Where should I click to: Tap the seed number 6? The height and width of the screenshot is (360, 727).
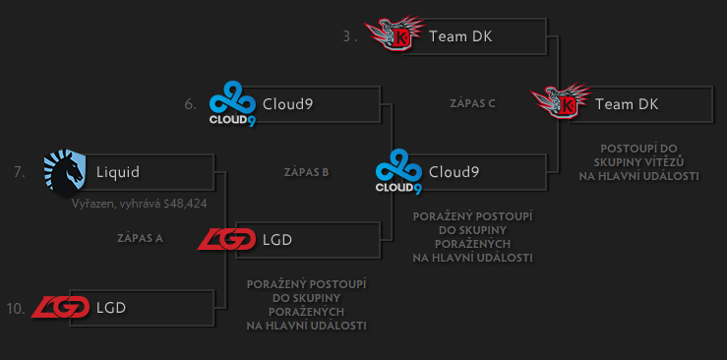[190, 103]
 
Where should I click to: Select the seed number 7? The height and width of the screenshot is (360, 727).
[19, 171]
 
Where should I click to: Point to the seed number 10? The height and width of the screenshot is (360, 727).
[15, 308]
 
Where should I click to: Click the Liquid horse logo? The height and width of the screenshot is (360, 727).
[64, 173]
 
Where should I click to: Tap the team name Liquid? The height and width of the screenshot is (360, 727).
[118, 172]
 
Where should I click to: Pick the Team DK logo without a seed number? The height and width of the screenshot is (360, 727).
[561, 103]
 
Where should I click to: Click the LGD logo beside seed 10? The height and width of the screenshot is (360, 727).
[60, 308]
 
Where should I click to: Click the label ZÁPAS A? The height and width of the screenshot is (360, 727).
[140, 238]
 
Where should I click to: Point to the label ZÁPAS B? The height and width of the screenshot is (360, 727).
[305, 171]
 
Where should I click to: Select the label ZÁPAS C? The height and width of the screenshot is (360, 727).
[471, 102]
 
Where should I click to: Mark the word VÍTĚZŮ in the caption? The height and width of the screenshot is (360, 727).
[678, 162]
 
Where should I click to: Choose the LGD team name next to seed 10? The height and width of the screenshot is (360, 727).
[111, 308]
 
